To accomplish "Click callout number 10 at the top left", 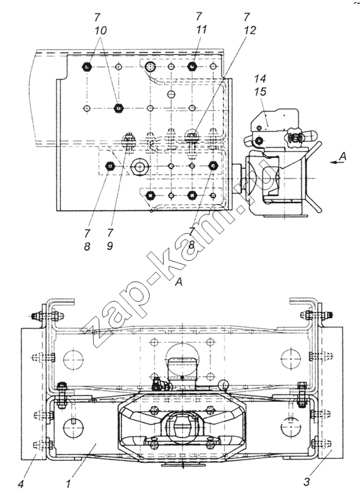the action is click(101, 31).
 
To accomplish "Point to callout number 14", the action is click(260, 78).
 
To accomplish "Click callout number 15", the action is click(260, 92).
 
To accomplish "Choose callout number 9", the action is click(110, 246).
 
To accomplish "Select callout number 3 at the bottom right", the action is click(307, 482).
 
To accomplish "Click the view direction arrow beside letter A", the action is click(335, 163).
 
